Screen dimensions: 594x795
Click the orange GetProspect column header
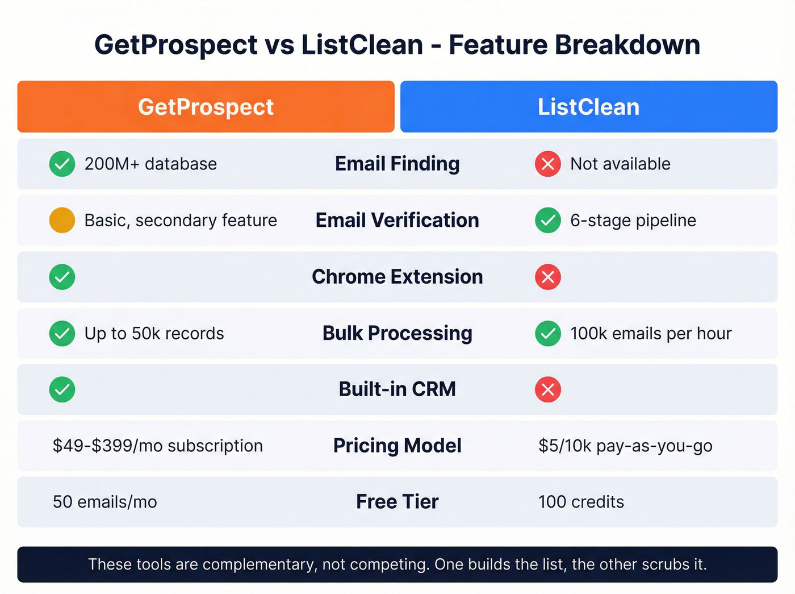[206, 107]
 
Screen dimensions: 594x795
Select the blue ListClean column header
[588, 107]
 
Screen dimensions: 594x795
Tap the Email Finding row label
[397, 164]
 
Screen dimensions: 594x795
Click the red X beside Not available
[548, 164]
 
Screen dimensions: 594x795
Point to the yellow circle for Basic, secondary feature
[62, 221]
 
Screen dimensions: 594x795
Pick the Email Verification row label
[397, 221]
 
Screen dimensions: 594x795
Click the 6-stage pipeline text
[633, 221]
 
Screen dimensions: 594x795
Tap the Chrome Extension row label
[397, 277]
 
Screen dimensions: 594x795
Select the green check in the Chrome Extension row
[62, 277]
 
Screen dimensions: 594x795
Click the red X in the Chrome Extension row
[548, 277]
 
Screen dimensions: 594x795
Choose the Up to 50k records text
[154, 333]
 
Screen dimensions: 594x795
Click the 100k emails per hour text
[650, 333]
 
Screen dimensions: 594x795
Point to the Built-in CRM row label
[397, 389]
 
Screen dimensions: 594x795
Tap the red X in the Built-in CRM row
[548, 389]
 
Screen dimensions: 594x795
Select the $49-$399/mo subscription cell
[157, 446]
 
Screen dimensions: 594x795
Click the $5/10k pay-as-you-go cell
[625, 446]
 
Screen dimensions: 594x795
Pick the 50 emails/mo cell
[104, 502]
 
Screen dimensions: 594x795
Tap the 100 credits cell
[581, 502]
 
